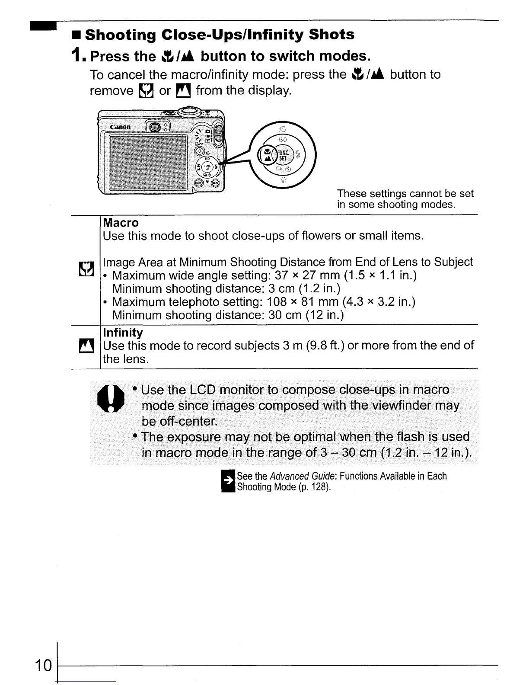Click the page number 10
[43, 666]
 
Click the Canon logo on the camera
[120, 127]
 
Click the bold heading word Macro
[121, 223]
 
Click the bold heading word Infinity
[123, 333]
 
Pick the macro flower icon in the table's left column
[85, 269]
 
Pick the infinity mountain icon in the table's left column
[85, 346]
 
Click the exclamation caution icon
[110, 398]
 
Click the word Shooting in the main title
[121, 35]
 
